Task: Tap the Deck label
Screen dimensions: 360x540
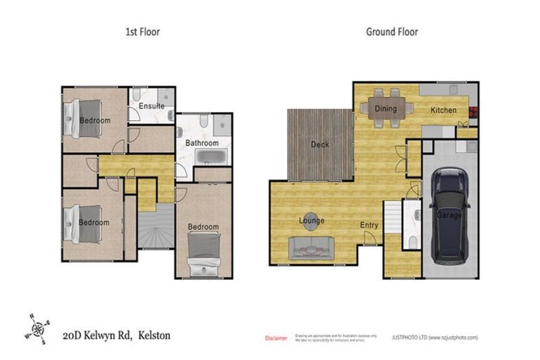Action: pos(320,145)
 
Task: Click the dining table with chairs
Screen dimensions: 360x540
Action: pos(385,108)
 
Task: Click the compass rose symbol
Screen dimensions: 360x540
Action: pos(37,329)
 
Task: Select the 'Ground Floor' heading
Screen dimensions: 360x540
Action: pos(392,32)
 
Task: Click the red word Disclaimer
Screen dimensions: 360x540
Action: pos(276,338)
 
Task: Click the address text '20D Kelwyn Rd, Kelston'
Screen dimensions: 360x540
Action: pos(117,335)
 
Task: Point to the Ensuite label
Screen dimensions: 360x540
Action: pos(151,106)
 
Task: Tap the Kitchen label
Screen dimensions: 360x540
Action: pos(443,110)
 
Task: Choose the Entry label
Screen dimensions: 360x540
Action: pos(369,225)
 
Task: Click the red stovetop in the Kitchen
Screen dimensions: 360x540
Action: pos(472,111)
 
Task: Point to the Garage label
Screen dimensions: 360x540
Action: pos(449,215)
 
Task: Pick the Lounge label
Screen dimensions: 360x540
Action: pos(311,221)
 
